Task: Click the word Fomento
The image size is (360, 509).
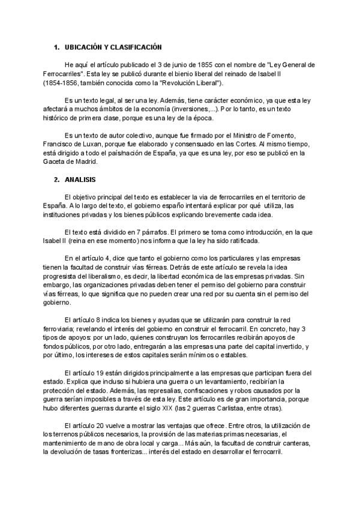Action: pyautogui.click(x=283, y=136)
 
